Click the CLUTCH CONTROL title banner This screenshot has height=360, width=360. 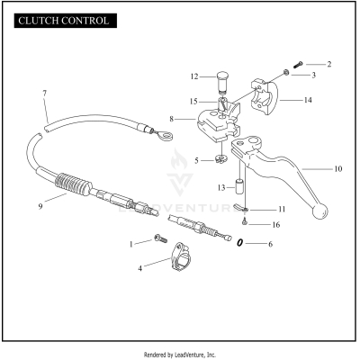tap(66, 21)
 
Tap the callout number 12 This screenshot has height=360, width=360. tap(194, 76)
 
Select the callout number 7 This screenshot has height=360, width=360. tap(45, 94)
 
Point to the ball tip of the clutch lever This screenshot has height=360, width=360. tap(320, 211)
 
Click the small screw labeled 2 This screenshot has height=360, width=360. tap(298, 64)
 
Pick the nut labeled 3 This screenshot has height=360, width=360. tap(286, 73)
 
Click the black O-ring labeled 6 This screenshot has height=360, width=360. tap(239, 243)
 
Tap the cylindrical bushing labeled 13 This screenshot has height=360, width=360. tap(239, 187)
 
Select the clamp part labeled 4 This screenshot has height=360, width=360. tap(181, 257)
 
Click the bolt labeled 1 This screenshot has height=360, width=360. tap(160, 238)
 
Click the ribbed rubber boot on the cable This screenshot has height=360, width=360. tap(73, 184)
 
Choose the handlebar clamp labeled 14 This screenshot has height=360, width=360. tap(265, 96)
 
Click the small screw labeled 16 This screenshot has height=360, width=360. tap(245, 222)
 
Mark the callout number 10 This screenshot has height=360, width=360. tap(338, 169)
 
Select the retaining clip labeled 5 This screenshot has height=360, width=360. tap(221, 159)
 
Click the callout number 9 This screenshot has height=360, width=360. tap(40, 206)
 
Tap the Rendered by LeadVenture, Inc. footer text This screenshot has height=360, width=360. tap(180, 355)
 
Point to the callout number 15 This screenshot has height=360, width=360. tap(193, 102)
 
